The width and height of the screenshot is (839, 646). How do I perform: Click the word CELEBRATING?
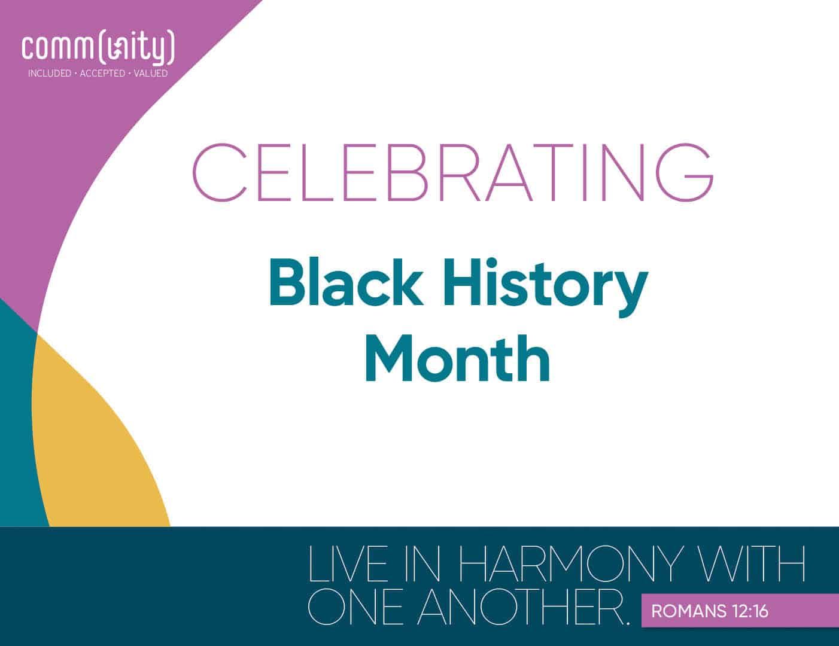tap(452, 172)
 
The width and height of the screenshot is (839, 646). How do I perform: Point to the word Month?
tap(457, 359)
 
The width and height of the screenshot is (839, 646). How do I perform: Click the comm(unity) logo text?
tap(98, 49)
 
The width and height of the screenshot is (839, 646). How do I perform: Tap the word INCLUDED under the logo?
tap(50, 74)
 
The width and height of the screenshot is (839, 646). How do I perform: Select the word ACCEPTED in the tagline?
tap(102, 74)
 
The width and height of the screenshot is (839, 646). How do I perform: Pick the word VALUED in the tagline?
tap(151, 74)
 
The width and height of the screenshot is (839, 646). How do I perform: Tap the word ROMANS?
tap(686, 611)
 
